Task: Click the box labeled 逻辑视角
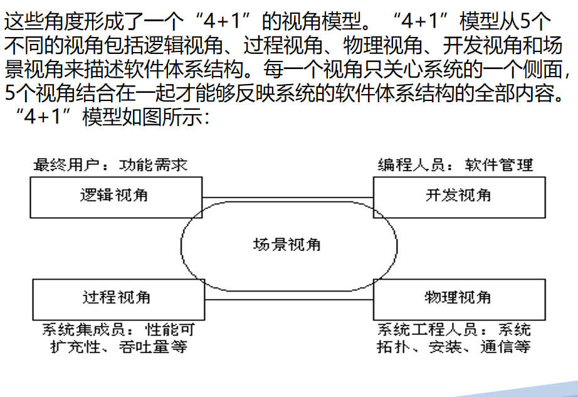tap(116, 196)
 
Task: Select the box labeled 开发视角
tap(459, 196)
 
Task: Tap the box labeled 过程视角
tap(116, 297)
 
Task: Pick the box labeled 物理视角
tap(459, 297)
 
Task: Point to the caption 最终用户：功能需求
tap(110, 165)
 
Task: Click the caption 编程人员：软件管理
tap(455, 165)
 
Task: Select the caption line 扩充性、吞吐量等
tap(118, 346)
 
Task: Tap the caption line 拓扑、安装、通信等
tap(453, 346)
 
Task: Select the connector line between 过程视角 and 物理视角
tap(213, 299)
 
